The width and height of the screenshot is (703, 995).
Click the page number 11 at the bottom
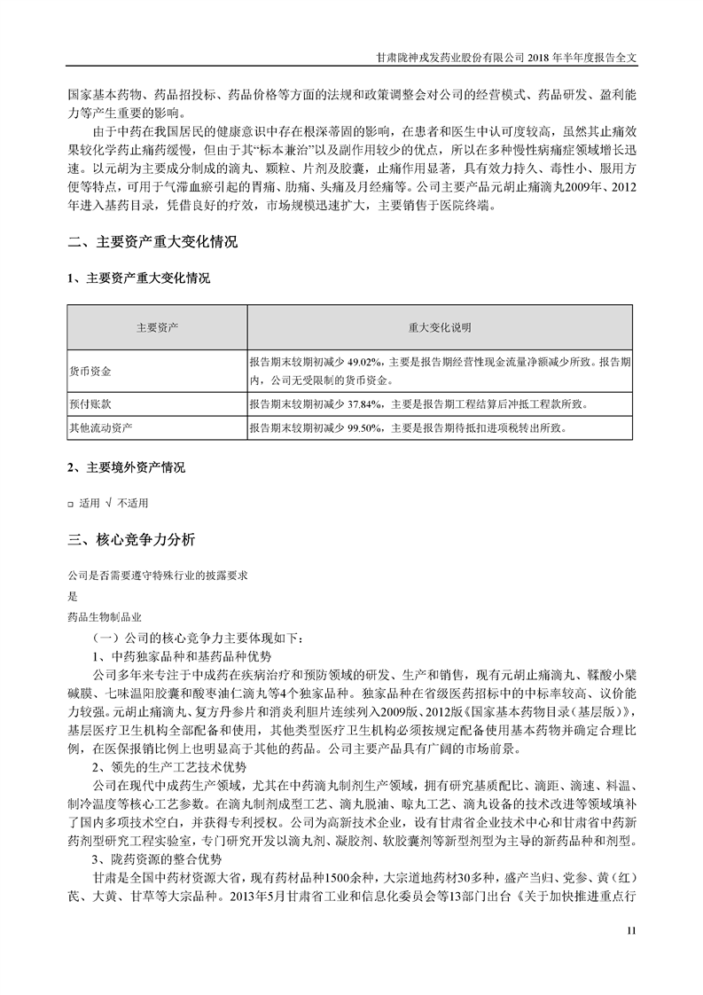point(631,929)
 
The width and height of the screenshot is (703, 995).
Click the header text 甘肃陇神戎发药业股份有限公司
point(450,55)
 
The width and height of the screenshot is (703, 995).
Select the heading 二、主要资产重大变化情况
point(152,241)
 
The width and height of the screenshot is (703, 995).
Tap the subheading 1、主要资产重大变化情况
point(139,278)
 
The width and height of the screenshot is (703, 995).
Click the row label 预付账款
point(90,403)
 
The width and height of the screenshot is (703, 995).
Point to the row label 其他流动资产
point(101,427)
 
